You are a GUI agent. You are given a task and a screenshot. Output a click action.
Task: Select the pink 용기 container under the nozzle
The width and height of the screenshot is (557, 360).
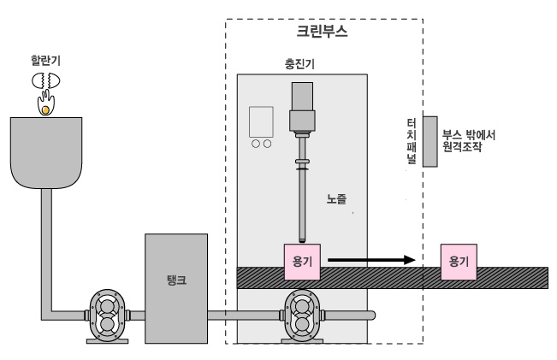[302, 261]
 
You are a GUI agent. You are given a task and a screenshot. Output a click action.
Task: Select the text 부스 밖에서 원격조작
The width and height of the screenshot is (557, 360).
[470, 140]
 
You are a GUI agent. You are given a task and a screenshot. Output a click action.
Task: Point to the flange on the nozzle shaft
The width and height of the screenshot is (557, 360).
[302, 160]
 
